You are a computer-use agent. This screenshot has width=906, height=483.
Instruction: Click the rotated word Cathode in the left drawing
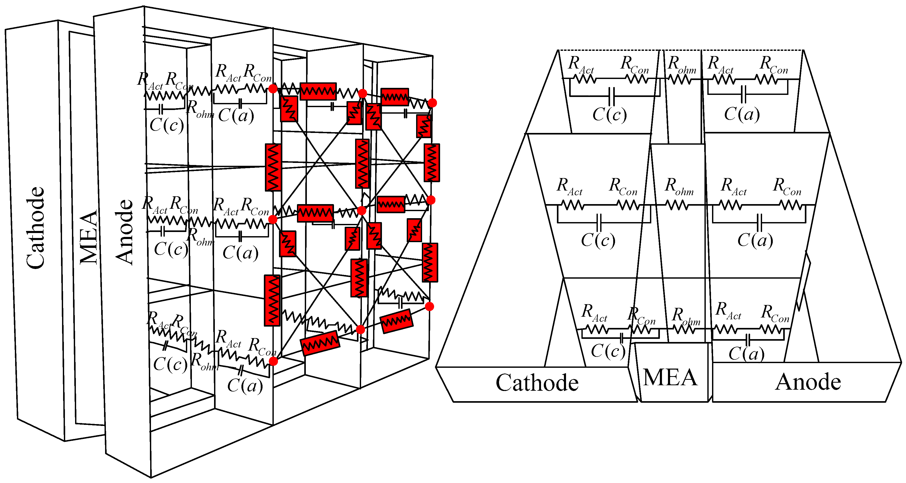point(35,228)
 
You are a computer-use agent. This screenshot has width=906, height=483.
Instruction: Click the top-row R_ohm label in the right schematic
point(682,65)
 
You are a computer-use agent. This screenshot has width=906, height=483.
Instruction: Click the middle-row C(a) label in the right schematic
point(755,240)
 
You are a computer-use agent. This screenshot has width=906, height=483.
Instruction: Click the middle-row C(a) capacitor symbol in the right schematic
point(759,222)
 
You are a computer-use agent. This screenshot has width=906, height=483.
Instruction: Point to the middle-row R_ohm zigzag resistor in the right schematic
point(677,205)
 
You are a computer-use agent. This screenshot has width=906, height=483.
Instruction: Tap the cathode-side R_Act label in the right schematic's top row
point(581,65)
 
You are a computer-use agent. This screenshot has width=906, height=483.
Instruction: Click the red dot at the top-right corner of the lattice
point(432,103)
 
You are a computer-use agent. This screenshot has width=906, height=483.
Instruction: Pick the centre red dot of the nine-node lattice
point(362,211)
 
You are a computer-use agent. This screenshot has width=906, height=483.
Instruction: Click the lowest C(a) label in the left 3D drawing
point(245,386)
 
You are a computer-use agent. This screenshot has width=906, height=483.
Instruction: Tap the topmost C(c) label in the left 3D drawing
point(166,125)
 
